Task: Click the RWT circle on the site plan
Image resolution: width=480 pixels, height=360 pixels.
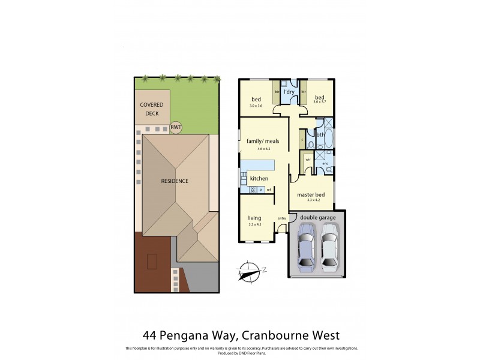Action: tap(176, 128)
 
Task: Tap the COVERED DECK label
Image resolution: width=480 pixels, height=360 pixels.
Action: tap(151, 108)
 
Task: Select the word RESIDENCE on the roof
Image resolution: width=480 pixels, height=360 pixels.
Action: tap(175, 181)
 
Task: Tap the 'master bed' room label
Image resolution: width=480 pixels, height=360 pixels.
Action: tap(311, 194)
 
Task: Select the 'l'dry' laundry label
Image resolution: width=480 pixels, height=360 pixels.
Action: tap(289, 92)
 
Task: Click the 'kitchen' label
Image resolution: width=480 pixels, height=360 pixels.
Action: tap(259, 179)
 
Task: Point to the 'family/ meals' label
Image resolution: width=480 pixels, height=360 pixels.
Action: tap(258, 142)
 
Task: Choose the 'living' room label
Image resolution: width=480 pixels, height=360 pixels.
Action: tap(256, 218)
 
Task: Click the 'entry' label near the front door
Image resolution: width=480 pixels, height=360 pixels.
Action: tap(281, 218)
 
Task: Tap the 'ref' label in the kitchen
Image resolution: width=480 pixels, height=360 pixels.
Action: tap(269, 190)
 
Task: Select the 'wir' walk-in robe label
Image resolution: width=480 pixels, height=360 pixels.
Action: tap(307, 160)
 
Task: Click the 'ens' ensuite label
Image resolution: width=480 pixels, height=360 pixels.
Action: tap(326, 163)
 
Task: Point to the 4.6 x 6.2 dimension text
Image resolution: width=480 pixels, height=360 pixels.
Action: tap(258, 148)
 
